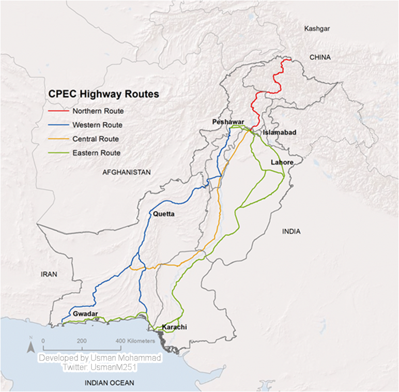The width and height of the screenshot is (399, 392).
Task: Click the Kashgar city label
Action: pyautogui.click(x=317, y=28)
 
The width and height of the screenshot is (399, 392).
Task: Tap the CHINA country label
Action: pyautogui.click(x=319, y=57)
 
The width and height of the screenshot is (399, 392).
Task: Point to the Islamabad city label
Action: pyautogui.click(x=280, y=133)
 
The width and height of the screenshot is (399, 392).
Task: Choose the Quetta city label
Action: pyautogui.click(x=164, y=214)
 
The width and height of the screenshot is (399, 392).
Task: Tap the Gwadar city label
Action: pyautogui.click(x=85, y=314)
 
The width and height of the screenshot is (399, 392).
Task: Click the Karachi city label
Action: pyautogui.click(x=174, y=327)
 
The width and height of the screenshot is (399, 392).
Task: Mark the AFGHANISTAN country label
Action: pyautogui.click(x=126, y=172)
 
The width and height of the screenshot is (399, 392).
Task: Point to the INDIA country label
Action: pyautogui.click(x=291, y=231)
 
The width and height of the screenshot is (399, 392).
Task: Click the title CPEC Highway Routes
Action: pyautogui.click(x=103, y=94)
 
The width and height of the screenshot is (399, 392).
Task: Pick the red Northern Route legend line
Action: pyautogui.click(x=57, y=111)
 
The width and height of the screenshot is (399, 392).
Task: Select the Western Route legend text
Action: pyautogui.click(x=97, y=125)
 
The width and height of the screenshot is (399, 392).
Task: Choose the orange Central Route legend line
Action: pyautogui.click(x=57, y=139)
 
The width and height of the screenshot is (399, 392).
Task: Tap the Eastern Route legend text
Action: pyautogui.click(x=96, y=153)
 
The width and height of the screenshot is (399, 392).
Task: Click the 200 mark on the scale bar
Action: pyautogui.click(x=82, y=341)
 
